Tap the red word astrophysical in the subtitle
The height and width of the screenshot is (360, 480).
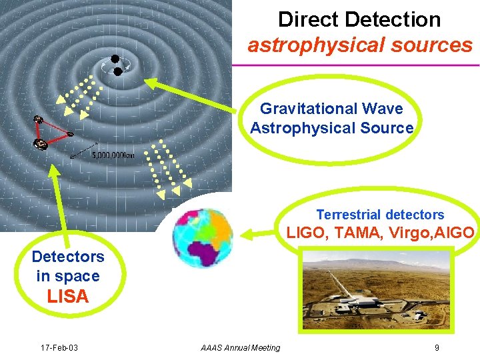tap(313, 45)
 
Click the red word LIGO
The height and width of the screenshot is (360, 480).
tap(305, 233)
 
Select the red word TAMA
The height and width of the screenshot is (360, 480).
tap(353, 233)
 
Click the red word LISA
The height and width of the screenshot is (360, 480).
tap(68, 297)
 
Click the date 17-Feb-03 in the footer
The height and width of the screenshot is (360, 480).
tap(59, 347)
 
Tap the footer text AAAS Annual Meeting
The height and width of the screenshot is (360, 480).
tap(241, 347)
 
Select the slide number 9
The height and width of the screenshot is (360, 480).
tap(436, 347)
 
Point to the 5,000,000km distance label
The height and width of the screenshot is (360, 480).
tap(113, 155)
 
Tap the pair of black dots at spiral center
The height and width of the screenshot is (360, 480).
tap(116, 64)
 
